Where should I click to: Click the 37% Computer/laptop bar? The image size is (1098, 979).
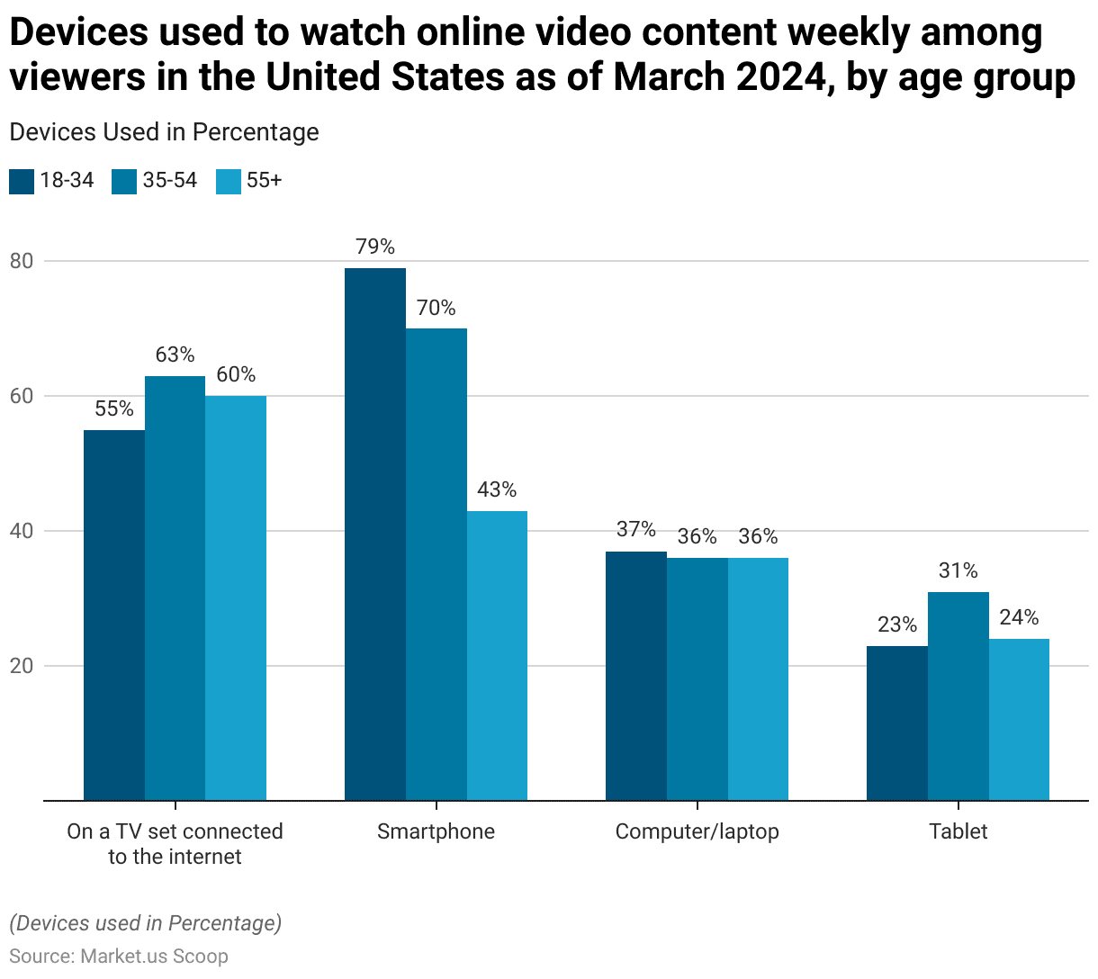636,676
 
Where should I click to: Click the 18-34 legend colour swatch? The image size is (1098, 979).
22,181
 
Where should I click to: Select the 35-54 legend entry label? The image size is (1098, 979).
169,180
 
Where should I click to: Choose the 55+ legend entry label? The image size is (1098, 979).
264,180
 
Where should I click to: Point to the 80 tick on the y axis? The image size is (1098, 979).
21,261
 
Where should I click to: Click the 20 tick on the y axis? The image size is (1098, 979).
21,666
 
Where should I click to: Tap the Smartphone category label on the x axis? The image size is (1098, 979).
436,831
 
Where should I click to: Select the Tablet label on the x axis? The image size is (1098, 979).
958,831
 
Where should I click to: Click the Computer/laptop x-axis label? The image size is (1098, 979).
697,831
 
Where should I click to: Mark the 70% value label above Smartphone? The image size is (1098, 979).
436,308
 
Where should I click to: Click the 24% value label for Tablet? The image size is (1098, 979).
1019,617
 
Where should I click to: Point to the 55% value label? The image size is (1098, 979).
114,409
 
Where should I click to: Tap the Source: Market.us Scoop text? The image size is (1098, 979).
119,956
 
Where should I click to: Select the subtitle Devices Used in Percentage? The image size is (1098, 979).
164,132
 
